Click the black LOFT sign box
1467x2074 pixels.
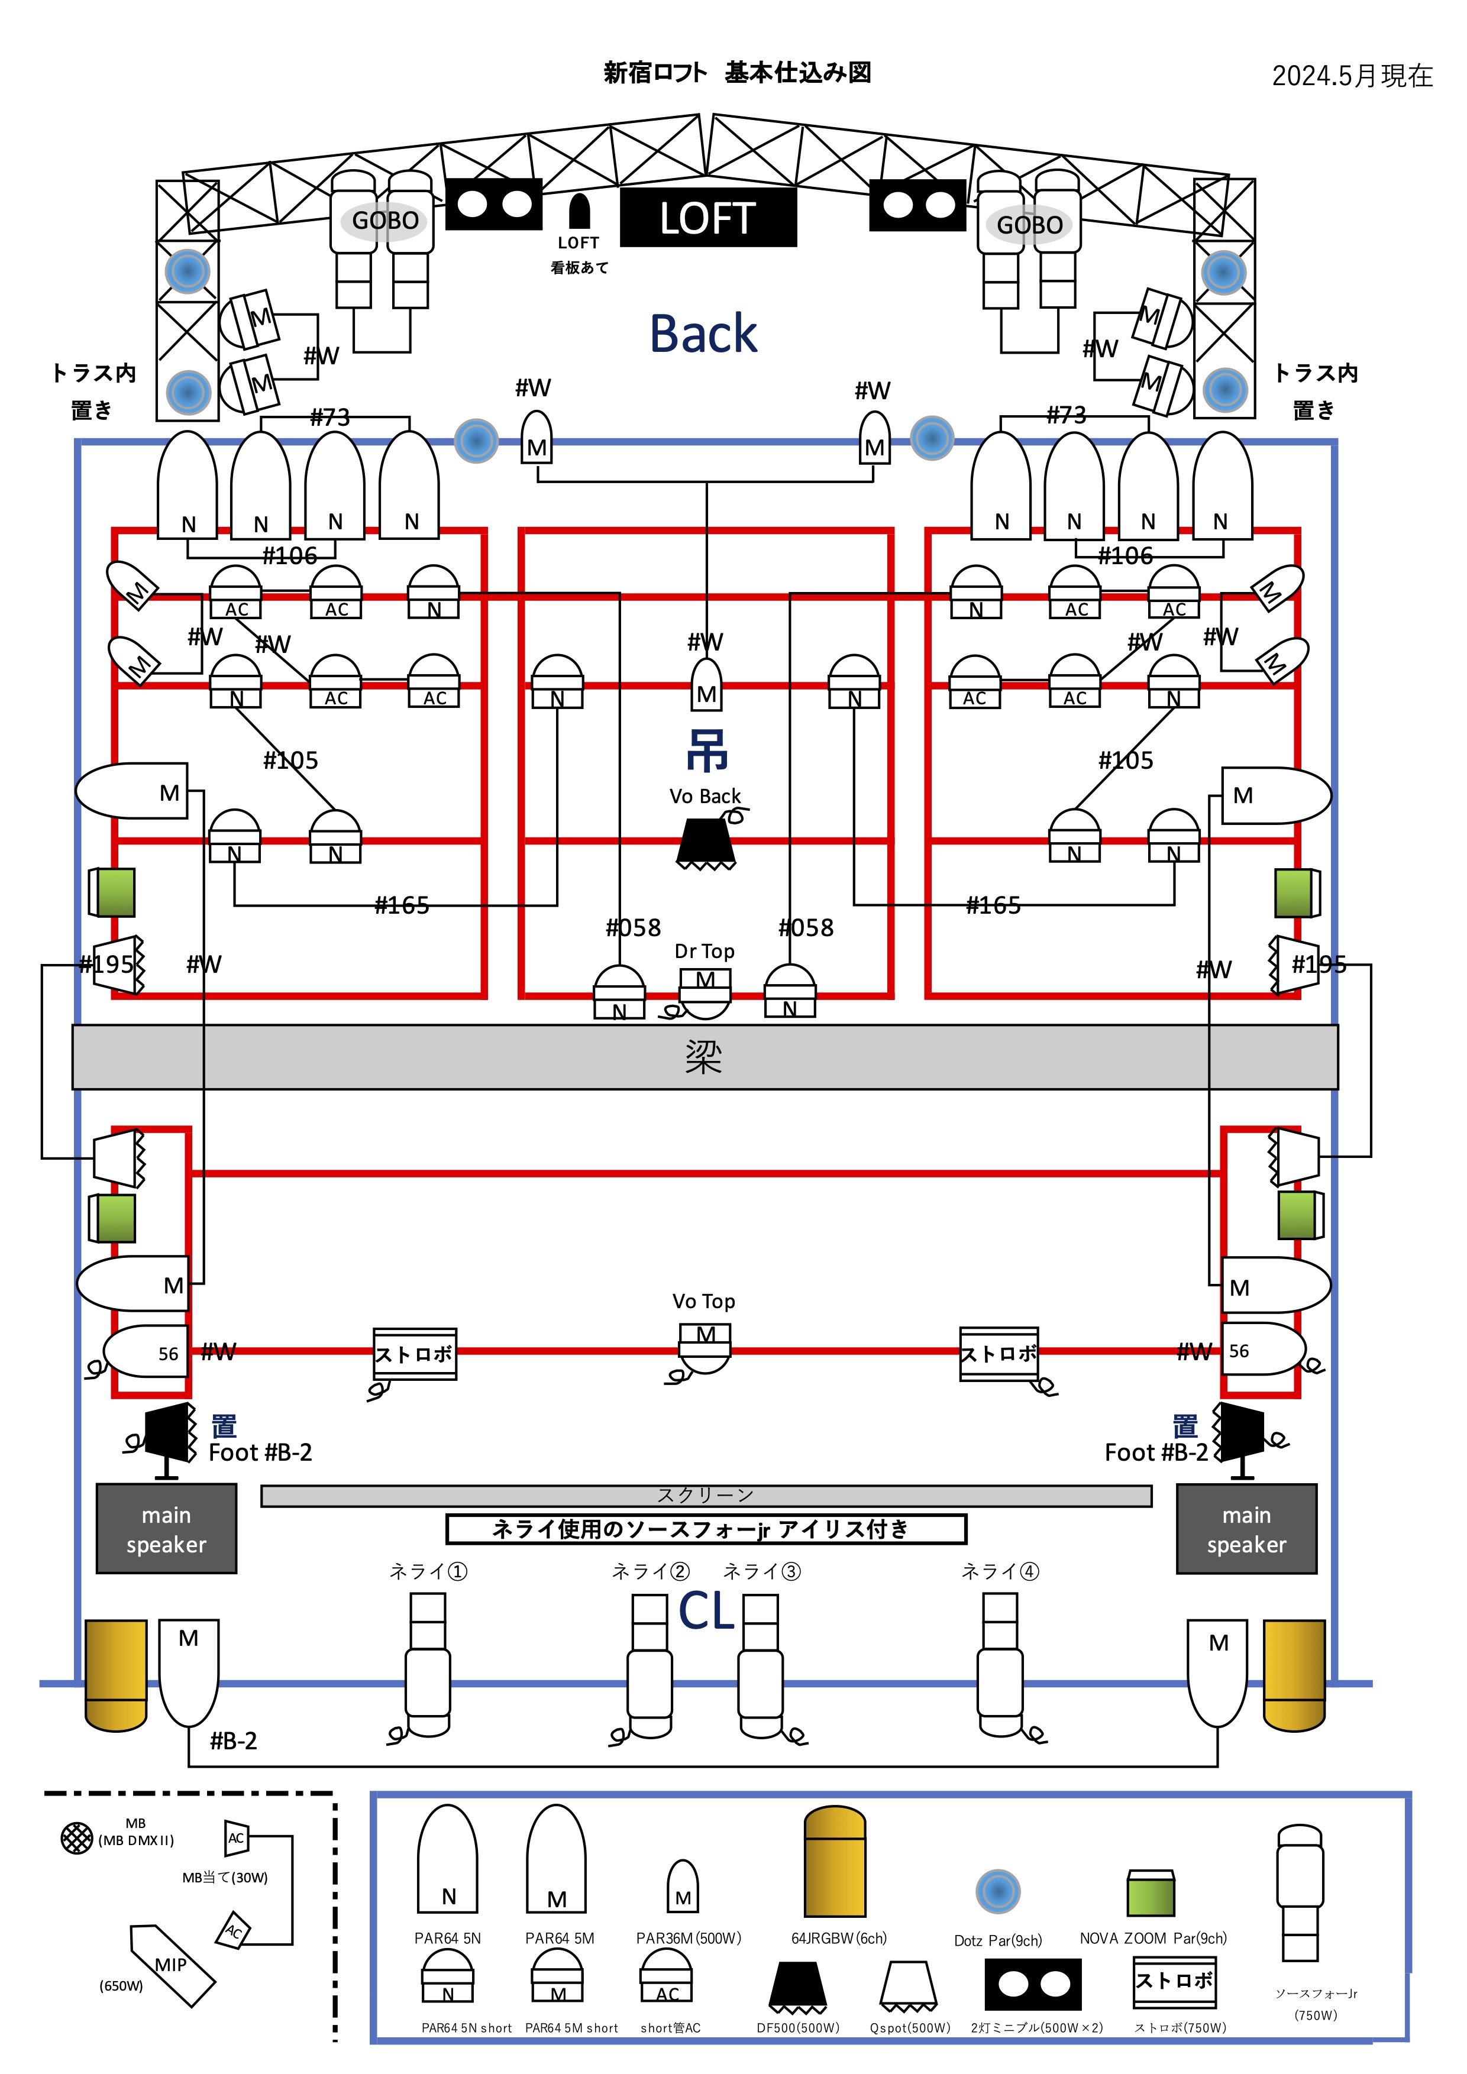[707, 218]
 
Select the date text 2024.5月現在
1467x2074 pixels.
[1352, 76]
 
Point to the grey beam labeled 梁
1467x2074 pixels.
[704, 1056]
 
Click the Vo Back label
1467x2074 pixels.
[705, 796]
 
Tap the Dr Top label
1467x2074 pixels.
[704, 951]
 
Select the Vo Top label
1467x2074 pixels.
[704, 1301]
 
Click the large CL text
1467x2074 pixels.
[706, 1610]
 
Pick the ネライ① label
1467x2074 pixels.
[428, 1572]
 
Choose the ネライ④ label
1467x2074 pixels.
[1000, 1572]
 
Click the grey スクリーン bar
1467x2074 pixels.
[706, 1496]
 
